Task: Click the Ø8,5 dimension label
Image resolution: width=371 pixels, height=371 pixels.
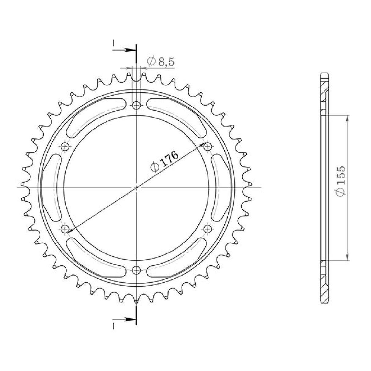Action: pos(160,61)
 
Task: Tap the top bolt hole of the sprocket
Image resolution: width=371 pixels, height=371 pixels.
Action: pos(136,105)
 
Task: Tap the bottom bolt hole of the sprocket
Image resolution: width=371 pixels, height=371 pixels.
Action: pos(136,270)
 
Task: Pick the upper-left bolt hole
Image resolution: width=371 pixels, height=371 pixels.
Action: pos(65,147)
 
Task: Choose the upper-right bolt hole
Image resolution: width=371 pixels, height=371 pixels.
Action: pos(208,147)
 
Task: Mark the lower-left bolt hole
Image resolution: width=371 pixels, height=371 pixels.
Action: pos(65,229)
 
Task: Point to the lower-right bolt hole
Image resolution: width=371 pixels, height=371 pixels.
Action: pos(208,229)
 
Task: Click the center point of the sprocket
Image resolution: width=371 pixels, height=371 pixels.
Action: pos(136,188)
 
